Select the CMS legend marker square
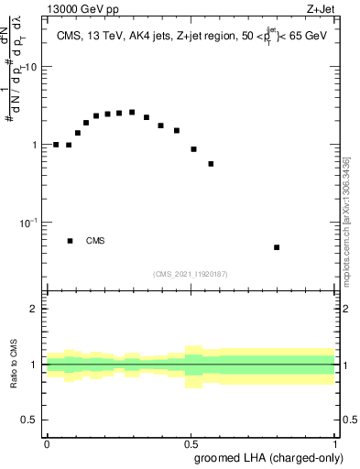point(70,241)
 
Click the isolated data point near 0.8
point(277,247)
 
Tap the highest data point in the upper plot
point(132,112)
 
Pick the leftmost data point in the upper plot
point(56,145)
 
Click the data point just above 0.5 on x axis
point(193,148)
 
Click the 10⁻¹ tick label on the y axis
point(31,223)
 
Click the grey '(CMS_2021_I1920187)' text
point(191,274)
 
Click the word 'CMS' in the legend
point(95,241)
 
